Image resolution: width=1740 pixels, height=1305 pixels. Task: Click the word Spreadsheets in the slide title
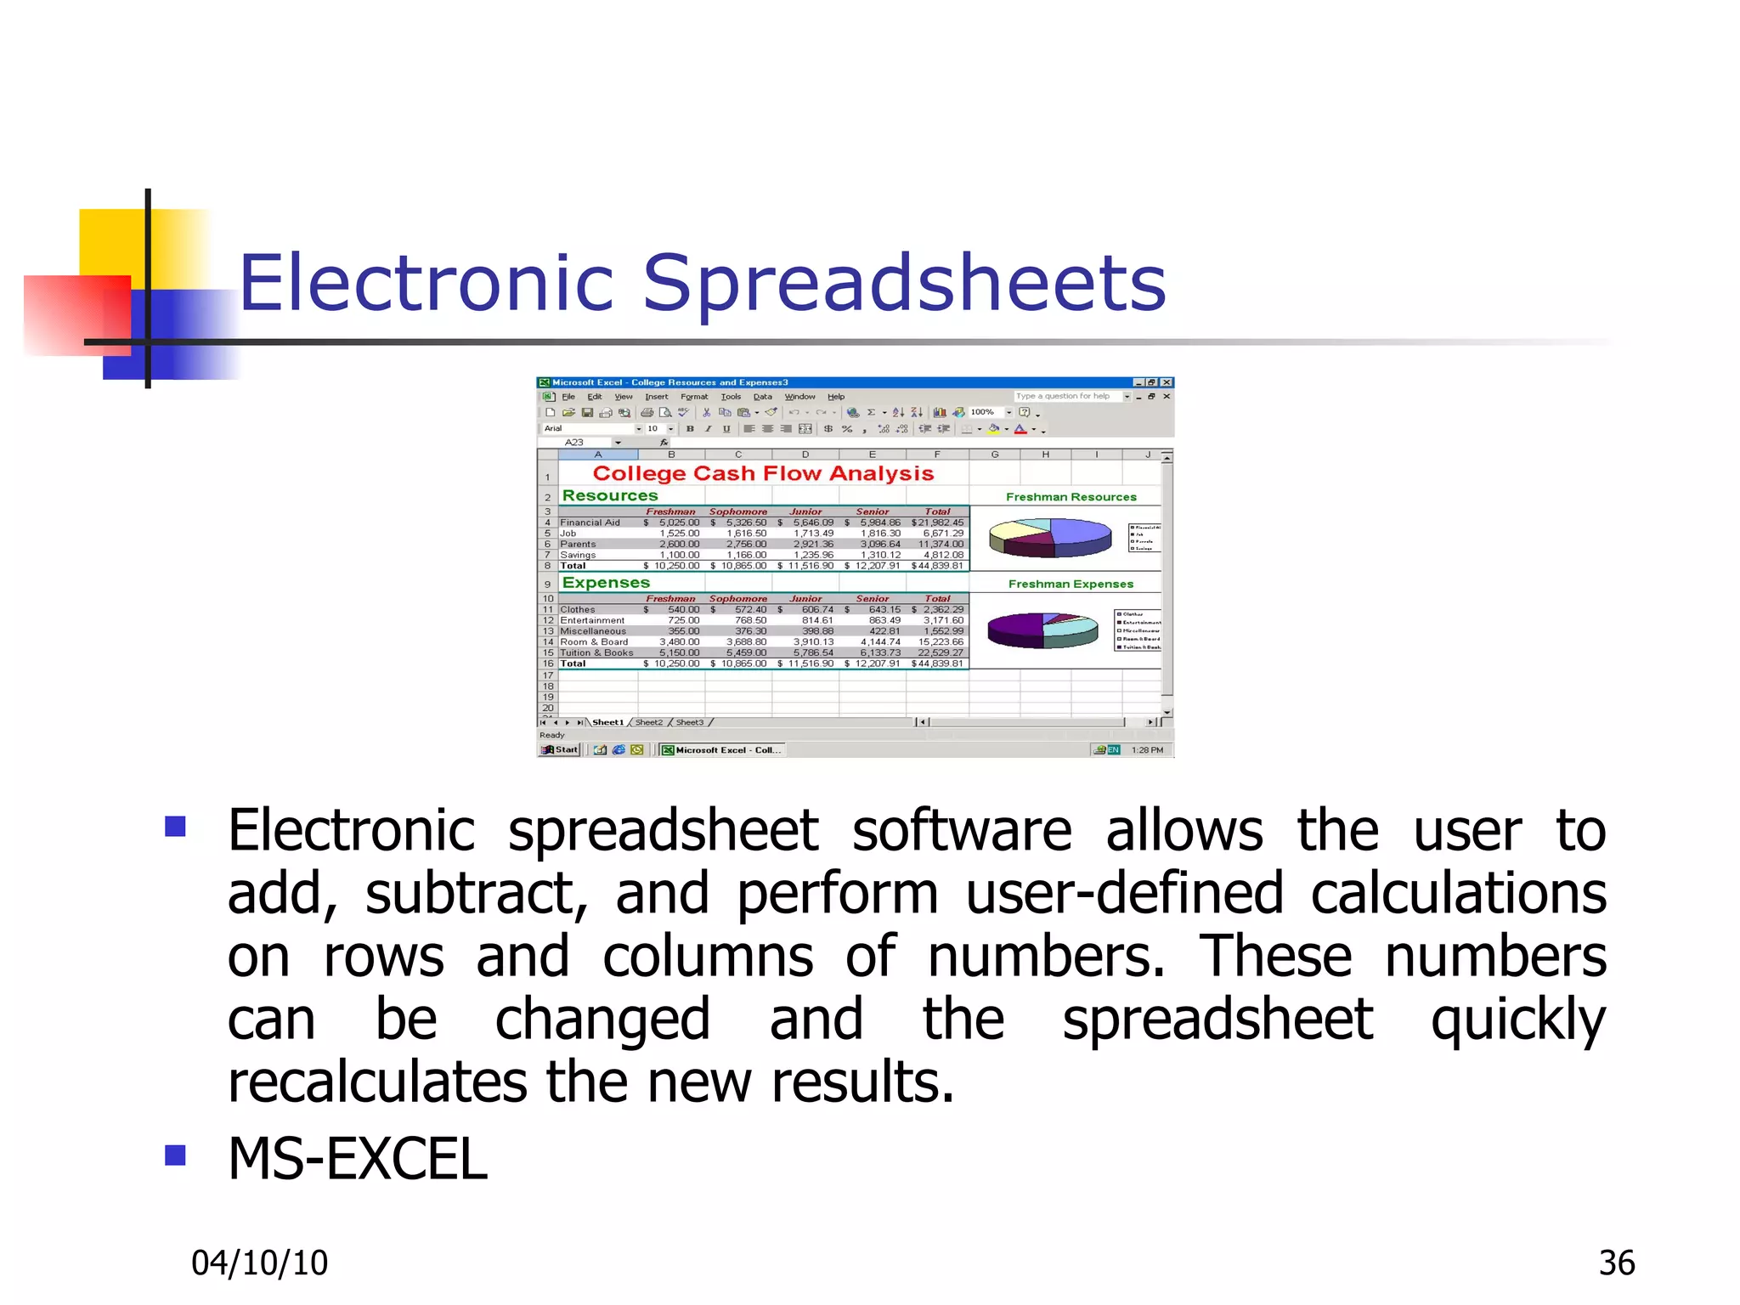(x=904, y=283)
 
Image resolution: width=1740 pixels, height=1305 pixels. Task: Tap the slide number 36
(x=1616, y=1263)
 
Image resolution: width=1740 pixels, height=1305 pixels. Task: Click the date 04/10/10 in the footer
(x=259, y=1263)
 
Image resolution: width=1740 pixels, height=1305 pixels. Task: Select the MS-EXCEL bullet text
(x=358, y=1159)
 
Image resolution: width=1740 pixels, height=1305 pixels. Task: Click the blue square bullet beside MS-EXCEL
(x=175, y=1155)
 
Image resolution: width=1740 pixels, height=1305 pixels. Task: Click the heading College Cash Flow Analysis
(x=762, y=473)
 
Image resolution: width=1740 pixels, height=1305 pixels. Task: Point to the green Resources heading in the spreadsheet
(x=609, y=495)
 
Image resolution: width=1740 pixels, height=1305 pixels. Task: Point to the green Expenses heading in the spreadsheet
(x=605, y=583)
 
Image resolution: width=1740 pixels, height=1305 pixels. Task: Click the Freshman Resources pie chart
(x=1050, y=537)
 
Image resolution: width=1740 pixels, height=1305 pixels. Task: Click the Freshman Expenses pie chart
(x=1042, y=630)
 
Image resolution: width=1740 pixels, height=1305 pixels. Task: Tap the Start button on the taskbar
(x=560, y=749)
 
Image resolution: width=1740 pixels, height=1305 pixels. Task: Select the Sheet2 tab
(x=648, y=722)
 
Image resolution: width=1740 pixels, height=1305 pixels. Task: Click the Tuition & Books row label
(x=596, y=652)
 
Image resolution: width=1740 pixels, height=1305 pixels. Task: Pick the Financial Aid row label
(x=590, y=523)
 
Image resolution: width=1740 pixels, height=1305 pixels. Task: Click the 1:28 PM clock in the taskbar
(x=1147, y=749)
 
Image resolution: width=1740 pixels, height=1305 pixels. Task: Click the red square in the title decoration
(x=76, y=314)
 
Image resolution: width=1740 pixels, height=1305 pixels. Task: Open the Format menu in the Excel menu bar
(x=693, y=397)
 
